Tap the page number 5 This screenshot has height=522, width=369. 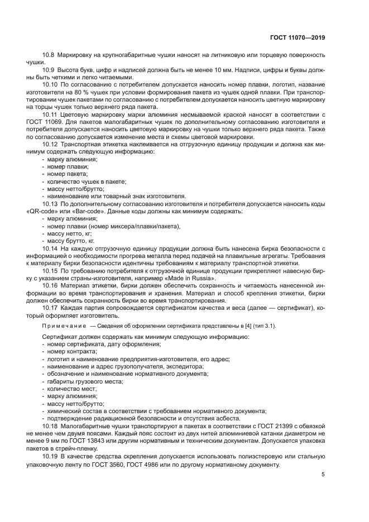[323, 475]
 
